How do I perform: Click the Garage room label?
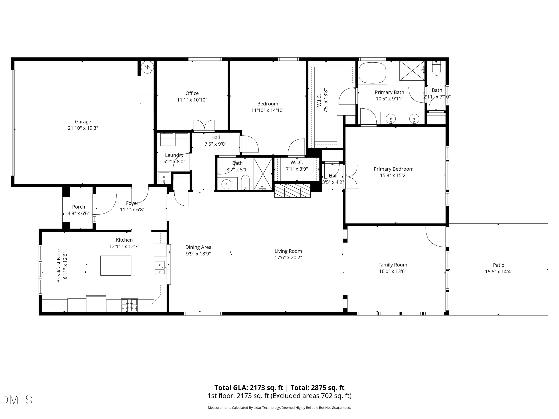(x=83, y=121)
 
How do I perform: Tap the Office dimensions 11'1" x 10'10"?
(x=192, y=100)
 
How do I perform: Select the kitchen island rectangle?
(x=116, y=265)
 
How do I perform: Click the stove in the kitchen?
(x=129, y=305)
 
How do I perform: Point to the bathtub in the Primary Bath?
(x=373, y=73)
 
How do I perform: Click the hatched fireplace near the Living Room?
(x=292, y=190)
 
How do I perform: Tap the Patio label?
(x=499, y=265)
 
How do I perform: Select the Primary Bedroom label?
(x=394, y=169)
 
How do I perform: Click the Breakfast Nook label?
(x=59, y=265)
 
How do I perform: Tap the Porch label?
(x=79, y=207)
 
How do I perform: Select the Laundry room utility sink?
(x=164, y=177)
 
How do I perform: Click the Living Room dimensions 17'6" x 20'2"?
(x=288, y=258)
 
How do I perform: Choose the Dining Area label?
(x=198, y=247)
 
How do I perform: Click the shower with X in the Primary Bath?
(x=412, y=71)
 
